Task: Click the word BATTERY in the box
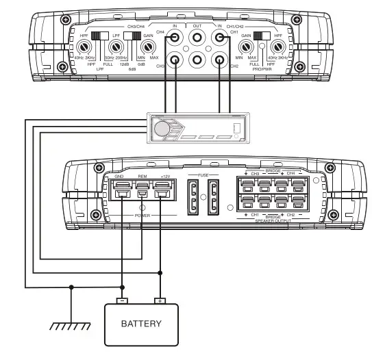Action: pos(142,324)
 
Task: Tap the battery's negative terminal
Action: pos(122,300)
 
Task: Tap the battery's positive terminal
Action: pos(160,300)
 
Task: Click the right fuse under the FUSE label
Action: pos(214,198)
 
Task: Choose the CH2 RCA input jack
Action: pos(219,61)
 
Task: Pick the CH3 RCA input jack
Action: pos(176,61)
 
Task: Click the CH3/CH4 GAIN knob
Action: pos(146,49)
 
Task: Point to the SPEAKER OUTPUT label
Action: pos(274,220)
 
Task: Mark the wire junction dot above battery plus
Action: pos(160,272)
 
